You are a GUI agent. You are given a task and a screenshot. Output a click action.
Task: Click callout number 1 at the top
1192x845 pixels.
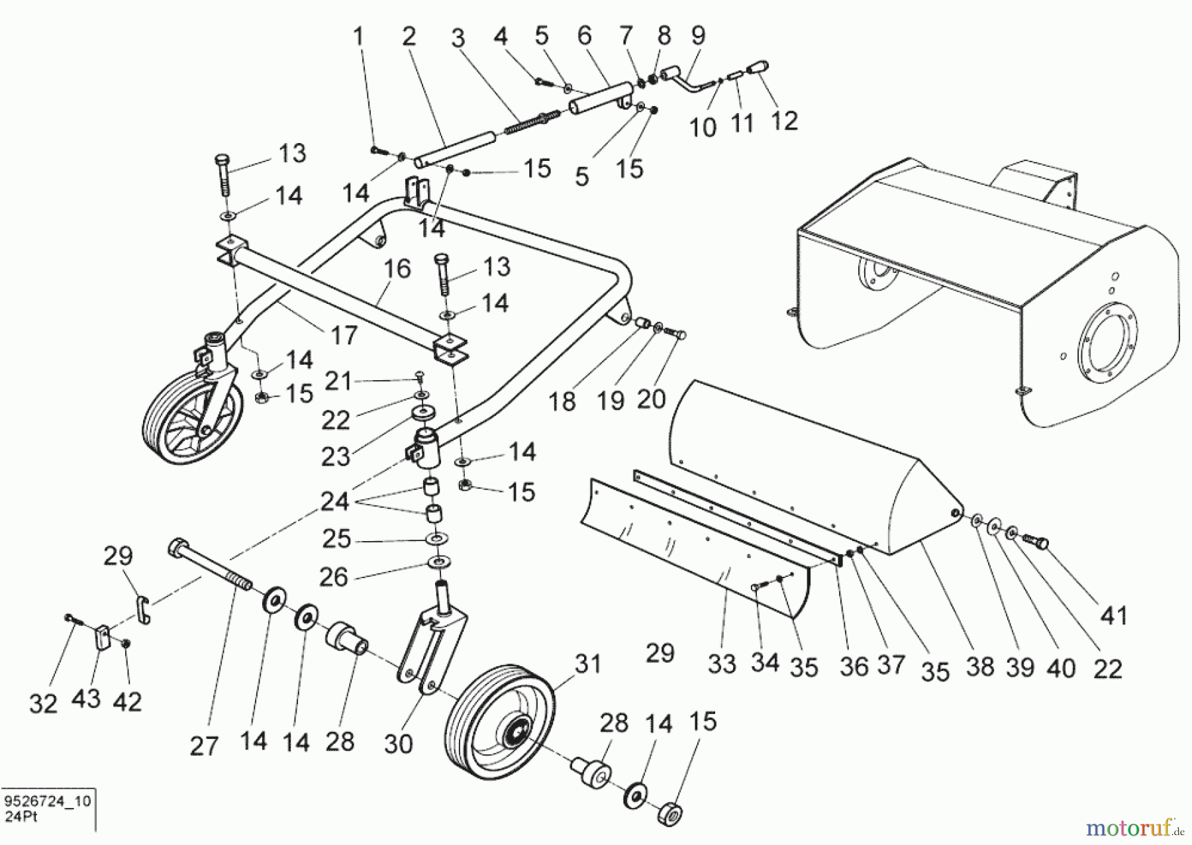point(359,36)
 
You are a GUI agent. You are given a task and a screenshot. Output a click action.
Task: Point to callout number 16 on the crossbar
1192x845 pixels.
point(397,269)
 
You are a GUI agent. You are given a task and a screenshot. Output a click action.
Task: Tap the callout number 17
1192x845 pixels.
point(344,335)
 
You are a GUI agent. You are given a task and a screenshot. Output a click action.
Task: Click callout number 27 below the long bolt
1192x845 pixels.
point(203,746)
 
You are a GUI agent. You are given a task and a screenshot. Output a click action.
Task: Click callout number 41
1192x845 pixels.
point(1114,615)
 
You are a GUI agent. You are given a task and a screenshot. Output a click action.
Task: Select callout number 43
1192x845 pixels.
point(85,698)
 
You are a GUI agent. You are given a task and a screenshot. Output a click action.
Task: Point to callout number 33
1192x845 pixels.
point(722,664)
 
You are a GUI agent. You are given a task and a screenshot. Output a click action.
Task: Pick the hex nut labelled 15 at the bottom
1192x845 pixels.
point(670,814)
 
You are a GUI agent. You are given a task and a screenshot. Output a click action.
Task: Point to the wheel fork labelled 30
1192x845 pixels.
point(434,649)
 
